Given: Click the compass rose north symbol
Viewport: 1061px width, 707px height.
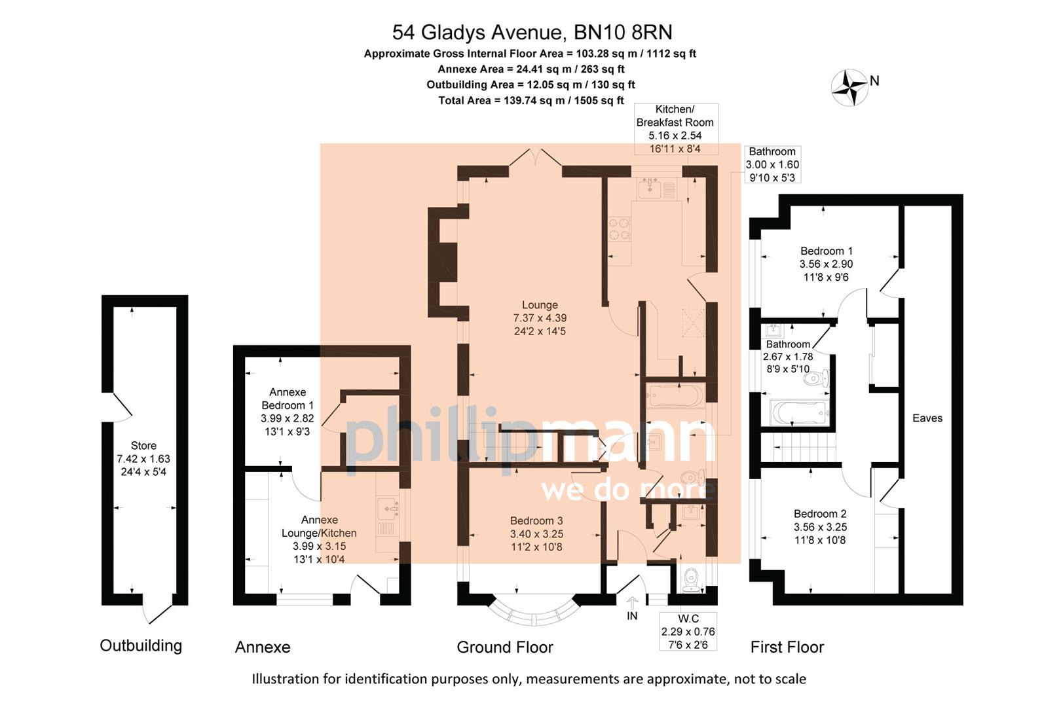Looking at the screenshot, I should pyautogui.click(x=849, y=87).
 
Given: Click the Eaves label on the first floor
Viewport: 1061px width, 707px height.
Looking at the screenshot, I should pyautogui.click(x=927, y=418).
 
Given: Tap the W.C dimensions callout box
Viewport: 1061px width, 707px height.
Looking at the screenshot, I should pyautogui.click(x=688, y=631).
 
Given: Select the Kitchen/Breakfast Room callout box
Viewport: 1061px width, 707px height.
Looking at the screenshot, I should pyautogui.click(x=675, y=129).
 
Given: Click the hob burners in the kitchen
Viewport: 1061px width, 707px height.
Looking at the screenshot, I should pyautogui.click(x=620, y=229).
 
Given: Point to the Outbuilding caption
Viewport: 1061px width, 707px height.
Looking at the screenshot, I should pyautogui.click(x=141, y=645).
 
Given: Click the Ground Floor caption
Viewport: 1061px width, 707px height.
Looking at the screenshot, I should pyautogui.click(x=504, y=647).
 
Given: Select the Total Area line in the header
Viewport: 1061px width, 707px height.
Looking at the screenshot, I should pyautogui.click(x=530, y=100).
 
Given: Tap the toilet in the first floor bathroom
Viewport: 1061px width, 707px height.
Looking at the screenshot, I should pyautogui.click(x=823, y=379).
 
